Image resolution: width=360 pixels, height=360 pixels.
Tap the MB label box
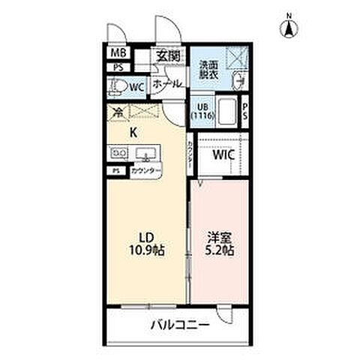click(118, 53)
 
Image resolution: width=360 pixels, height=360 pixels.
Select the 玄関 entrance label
click(168, 55)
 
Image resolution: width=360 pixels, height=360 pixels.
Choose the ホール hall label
click(166, 85)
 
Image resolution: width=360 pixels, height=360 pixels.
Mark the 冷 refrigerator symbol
click(118, 113)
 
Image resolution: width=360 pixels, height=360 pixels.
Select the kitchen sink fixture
click(147, 154)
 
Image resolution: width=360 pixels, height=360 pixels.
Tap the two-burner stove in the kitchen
click(119, 154)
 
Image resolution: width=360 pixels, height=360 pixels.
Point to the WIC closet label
click(223, 155)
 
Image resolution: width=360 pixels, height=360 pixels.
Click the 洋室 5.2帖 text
click(221, 244)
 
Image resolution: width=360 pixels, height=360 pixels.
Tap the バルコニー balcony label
click(178, 325)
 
